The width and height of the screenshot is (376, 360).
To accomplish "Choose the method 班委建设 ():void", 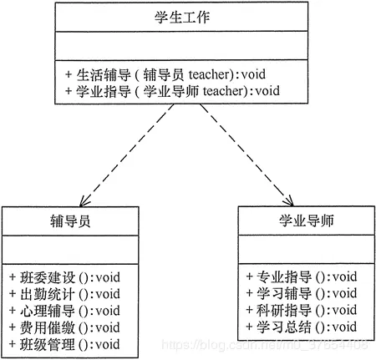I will click(64, 276).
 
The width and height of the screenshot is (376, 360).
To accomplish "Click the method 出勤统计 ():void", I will click(64, 293).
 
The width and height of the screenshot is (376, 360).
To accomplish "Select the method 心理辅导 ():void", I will click(64, 310).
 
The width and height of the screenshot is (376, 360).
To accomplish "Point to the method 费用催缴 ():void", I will click(64, 327).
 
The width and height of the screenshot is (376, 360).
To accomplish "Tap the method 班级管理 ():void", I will click(64, 343).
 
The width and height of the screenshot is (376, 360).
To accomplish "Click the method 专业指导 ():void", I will click(302, 276).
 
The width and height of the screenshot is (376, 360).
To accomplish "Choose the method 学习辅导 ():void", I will click(302, 292).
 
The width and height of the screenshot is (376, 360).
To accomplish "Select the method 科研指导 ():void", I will click(302, 309).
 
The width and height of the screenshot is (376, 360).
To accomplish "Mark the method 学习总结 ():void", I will click(302, 326).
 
